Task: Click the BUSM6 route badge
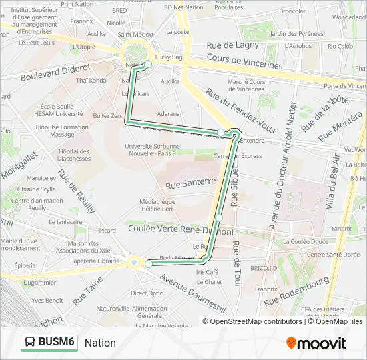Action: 49,342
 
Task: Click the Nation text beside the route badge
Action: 100,343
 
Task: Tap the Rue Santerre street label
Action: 192,182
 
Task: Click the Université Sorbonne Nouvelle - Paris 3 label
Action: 151,149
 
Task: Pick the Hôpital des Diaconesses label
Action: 74,155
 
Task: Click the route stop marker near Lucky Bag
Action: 148,64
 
